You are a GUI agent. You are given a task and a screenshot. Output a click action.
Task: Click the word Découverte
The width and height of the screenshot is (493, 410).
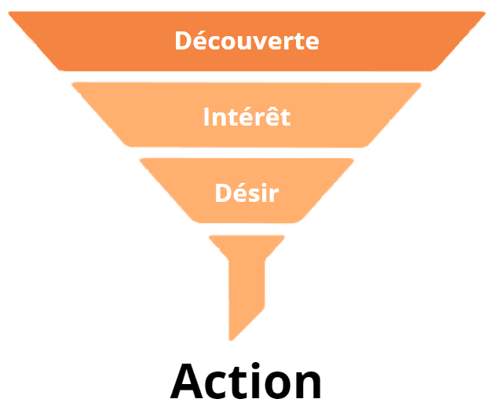[x=246, y=40]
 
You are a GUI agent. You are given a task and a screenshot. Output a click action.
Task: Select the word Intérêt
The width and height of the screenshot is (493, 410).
[x=246, y=117]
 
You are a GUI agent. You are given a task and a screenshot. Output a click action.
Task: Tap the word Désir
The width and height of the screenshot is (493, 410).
[x=246, y=192]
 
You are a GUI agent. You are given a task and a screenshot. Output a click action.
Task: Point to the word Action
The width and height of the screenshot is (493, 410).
[x=246, y=381]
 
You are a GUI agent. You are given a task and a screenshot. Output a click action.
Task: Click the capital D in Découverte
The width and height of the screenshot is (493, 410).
[x=183, y=40]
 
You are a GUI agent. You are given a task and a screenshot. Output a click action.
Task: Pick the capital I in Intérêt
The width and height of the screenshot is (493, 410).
[x=207, y=117]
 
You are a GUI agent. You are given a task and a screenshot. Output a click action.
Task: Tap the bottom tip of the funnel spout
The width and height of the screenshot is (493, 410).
[x=232, y=339]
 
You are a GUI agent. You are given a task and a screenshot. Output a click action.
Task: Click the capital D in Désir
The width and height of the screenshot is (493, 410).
[x=223, y=192]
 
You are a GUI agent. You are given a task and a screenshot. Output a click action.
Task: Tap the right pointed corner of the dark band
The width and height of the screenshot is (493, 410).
[x=485, y=13]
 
